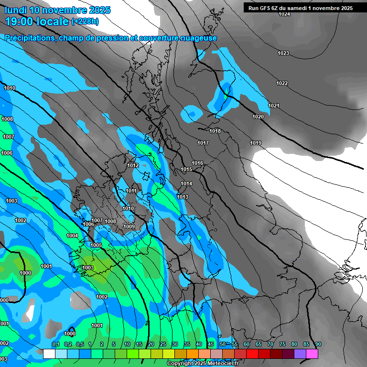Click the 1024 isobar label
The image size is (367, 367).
284,14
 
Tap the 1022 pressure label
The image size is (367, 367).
282,84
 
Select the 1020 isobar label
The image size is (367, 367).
258,117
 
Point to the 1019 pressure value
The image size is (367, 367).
256,143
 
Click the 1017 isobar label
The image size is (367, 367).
203,143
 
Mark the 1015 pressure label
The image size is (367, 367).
186,170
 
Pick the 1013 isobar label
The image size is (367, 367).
183,197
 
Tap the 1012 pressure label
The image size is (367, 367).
133,165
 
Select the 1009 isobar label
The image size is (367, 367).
129,227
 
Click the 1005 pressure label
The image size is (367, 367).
96,245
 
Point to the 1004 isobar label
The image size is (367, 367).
72,236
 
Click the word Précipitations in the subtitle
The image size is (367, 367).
30,38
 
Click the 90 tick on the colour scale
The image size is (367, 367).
318,344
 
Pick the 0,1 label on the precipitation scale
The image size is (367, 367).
56,344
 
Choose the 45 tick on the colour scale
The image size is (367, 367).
211,344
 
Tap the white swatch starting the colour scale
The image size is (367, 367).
49,354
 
